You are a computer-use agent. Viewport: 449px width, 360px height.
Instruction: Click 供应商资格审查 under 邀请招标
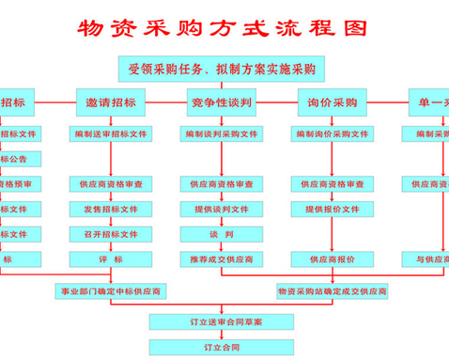111,184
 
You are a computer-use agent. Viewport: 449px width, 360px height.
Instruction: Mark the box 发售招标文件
111,209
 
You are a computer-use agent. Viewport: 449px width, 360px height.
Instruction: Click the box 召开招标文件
111,233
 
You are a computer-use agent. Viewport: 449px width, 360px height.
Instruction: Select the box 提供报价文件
333,209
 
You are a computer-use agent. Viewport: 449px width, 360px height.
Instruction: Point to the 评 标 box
111,258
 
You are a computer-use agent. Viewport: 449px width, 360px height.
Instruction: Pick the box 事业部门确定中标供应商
111,292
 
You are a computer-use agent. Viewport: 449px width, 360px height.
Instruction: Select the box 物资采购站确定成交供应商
333,292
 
